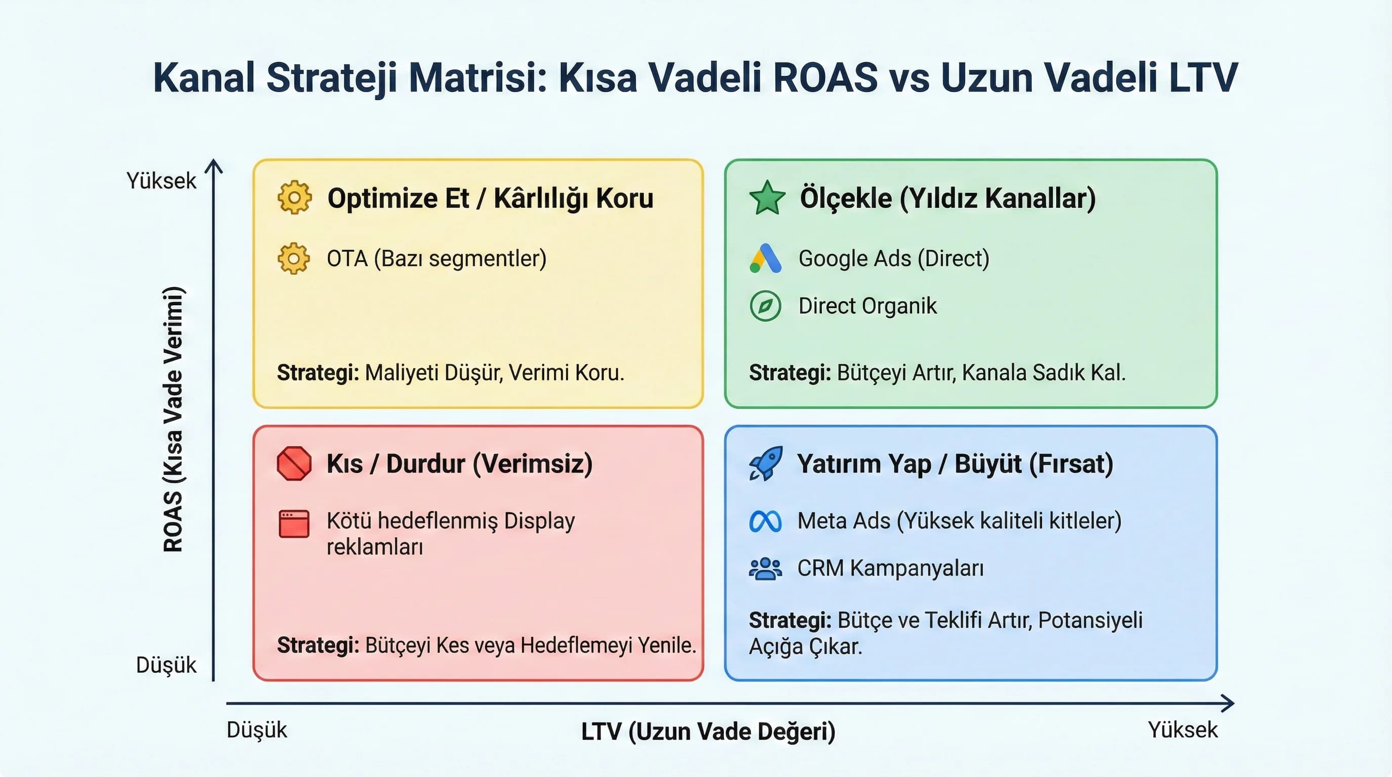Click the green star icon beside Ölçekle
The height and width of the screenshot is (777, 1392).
pos(767,198)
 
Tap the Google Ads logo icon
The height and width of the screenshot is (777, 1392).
pos(765,258)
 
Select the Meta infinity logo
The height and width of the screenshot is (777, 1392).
pos(765,522)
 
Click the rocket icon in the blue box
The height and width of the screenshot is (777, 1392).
pos(765,463)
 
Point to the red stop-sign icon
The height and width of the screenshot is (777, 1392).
pos(294,463)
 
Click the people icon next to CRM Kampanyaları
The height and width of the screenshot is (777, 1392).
pos(765,569)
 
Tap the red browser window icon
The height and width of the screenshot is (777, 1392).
pos(294,524)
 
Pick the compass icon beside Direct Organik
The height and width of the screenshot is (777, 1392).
pos(765,306)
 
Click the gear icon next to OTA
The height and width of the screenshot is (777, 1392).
pos(294,258)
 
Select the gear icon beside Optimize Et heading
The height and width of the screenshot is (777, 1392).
pos(294,198)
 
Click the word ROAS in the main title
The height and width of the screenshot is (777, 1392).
pos(825,78)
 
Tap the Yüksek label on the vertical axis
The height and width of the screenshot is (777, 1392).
pos(161,181)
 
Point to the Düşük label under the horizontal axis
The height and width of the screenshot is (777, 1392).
pos(256,730)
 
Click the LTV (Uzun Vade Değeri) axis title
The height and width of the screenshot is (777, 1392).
pos(708,731)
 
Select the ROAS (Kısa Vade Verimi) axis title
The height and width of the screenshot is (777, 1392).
pos(173,419)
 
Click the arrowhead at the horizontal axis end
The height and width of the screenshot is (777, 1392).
pos(1229,704)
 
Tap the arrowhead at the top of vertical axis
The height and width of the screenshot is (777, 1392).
pos(214,165)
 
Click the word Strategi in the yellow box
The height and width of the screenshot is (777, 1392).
pos(318,373)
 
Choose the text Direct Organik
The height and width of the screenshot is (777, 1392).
pos(867,306)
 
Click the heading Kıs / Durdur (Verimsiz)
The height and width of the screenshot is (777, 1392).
pos(459,463)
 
